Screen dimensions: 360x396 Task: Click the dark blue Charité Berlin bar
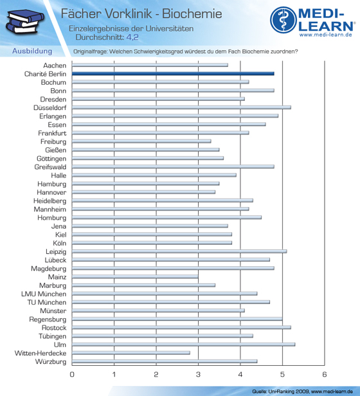pyautogui.click(x=173, y=74)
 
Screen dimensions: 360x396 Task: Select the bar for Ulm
pyautogui.click(x=183, y=345)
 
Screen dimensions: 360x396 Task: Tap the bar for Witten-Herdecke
pyautogui.click(x=131, y=353)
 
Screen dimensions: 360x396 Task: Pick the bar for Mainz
pyautogui.click(x=135, y=277)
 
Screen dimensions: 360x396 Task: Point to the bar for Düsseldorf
pyautogui.click(x=181, y=107)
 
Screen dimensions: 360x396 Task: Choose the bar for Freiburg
pyautogui.click(x=141, y=141)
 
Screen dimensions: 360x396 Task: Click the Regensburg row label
pyautogui.click(x=48, y=319)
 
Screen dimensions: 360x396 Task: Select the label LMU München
pyautogui.click(x=44, y=294)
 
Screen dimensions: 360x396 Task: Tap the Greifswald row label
pyautogui.click(x=50, y=167)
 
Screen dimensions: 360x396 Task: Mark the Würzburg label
pyautogui.click(x=51, y=362)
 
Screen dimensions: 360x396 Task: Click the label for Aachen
pyautogui.click(x=55, y=66)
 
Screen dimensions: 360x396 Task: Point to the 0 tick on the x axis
pyautogui.click(x=72, y=374)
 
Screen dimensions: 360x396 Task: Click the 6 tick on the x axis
pyautogui.click(x=325, y=374)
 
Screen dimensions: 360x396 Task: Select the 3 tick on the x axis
pyautogui.click(x=198, y=374)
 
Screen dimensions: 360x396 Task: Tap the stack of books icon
pyautogui.click(x=24, y=22)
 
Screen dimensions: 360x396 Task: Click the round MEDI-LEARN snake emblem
pyautogui.click(x=283, y=20)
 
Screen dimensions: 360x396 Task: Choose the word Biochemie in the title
pyautogui.click(x=192, y=14)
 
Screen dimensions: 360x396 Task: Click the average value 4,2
pyautogui.click(x=132, y=37)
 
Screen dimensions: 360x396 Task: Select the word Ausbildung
pyautogui.click(x=32, y=51)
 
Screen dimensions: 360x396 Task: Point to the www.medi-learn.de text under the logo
pyautogui.click(x=326, y=35)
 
